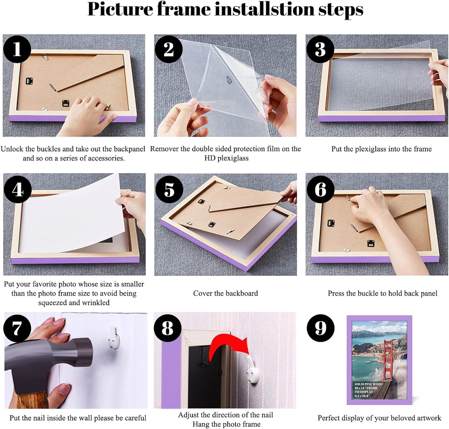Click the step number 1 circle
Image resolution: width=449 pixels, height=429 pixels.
click(17, 49)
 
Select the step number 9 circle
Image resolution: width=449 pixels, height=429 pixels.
click(320, 328)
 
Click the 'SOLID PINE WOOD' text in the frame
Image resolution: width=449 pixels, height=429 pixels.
click(368, 384)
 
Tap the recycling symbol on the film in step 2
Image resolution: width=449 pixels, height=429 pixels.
click(229, 80)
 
